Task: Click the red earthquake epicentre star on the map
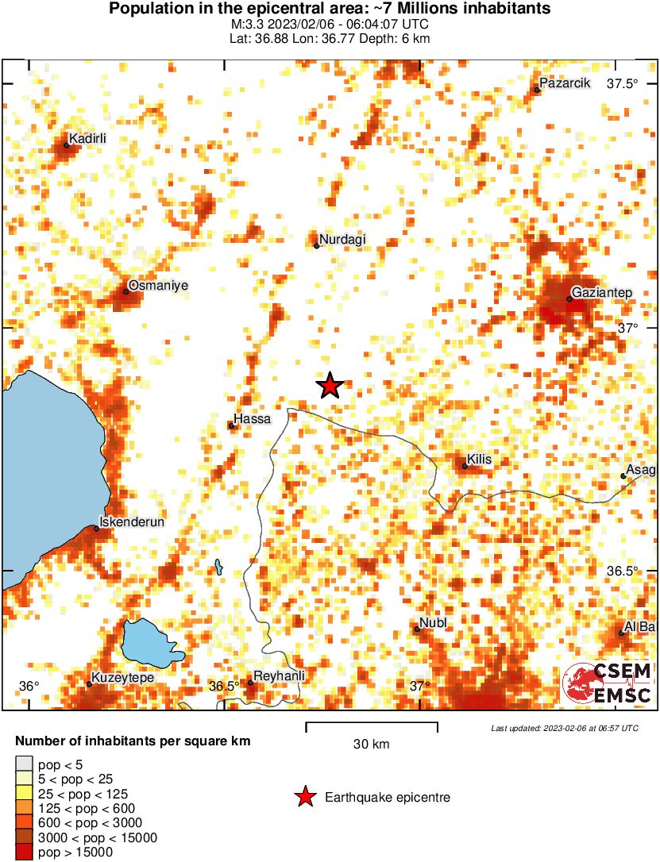330,386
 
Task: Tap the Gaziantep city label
602,294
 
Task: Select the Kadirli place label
87,139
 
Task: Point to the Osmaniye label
159,286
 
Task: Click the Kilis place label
480,459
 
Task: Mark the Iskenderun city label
130,522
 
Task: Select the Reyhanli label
279,676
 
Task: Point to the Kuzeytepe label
122,678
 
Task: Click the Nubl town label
434,623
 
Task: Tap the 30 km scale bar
372,725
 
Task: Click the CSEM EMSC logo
608,683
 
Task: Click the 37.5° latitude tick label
623,84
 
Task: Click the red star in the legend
305,797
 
